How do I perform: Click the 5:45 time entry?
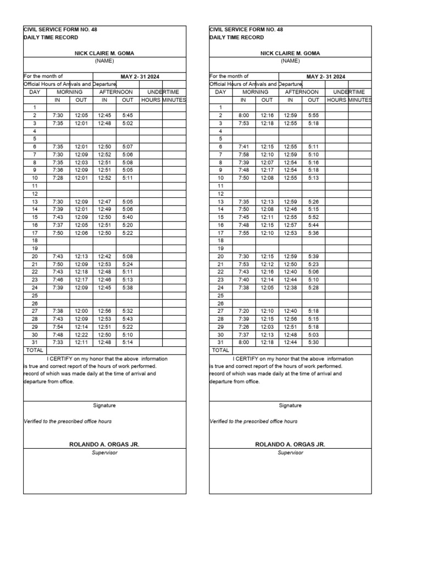(x=127, y=115)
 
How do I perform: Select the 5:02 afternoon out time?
(x=127, y=124)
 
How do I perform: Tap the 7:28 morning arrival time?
(x=58, y=178)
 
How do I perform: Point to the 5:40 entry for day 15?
(x=127, y=217)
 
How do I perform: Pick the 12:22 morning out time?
(x=81, y=334)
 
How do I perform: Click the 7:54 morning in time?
(x=58, y=327)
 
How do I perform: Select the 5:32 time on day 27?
(x=127, y=311)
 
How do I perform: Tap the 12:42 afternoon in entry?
(x=104, y=256)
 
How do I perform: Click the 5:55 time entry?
(x=313, y=115)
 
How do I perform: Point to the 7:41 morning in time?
(x=243, y=147)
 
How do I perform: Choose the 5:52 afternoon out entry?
(x=313, y=217)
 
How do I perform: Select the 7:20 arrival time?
(x=243, y=311)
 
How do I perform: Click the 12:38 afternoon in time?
(x=290, y=288)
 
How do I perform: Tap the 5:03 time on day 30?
(x=313, y=334)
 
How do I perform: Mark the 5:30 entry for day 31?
(x=313, y=342)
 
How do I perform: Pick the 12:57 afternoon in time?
(x=290, y=225)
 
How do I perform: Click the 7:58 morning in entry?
(x=243, y=154)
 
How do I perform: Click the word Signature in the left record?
(x=104, y=405)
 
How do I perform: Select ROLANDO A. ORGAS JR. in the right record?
(x=290, y=444)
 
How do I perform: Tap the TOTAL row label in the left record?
(x=35, y=350)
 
